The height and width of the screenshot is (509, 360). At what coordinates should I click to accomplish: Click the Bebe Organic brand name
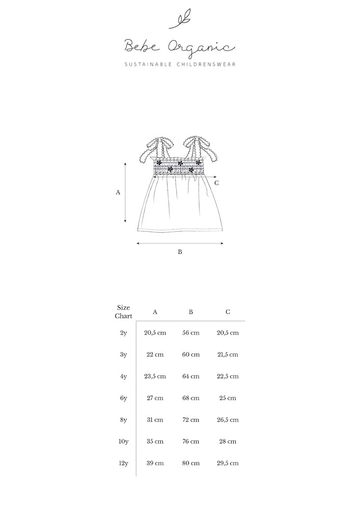[180, 47]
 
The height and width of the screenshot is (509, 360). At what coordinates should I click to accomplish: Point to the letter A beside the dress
[118, 192]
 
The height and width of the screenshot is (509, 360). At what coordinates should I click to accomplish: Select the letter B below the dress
[180, 251]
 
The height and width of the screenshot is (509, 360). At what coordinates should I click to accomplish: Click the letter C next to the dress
[217, 182]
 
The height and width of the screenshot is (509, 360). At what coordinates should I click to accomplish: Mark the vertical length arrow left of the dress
[126, 192]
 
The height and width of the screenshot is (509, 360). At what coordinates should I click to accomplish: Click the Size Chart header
[123, 312]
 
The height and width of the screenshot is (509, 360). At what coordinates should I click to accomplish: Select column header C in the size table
[228, 312]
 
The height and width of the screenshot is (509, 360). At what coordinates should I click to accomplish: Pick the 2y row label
[123, 333]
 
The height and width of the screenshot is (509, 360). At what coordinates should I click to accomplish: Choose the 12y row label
[123, 463]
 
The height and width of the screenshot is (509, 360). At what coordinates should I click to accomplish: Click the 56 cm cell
[191, 333]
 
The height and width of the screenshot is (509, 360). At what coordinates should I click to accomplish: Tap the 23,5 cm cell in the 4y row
[155, 377]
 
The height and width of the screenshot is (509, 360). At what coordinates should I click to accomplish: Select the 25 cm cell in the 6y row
[228, 398]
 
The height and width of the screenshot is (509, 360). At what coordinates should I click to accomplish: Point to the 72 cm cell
[191, 420]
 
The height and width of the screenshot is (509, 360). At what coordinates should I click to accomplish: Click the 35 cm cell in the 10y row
[155, 441]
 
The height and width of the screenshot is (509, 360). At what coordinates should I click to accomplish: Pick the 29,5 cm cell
[228, 463]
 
